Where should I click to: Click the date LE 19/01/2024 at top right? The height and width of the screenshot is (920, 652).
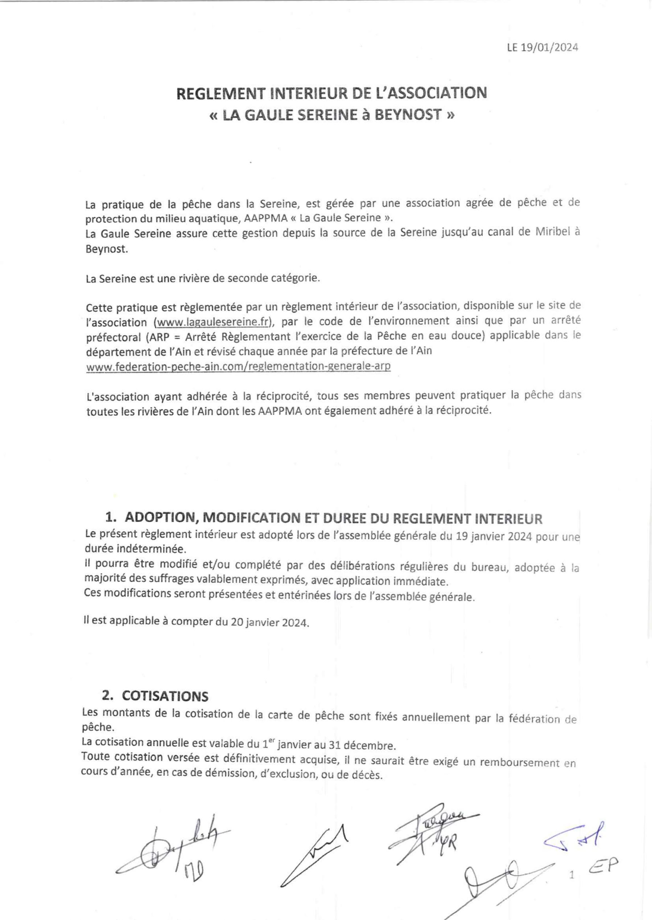coord(542,48)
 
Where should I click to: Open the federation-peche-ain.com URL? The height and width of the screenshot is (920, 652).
coord(239,367)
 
